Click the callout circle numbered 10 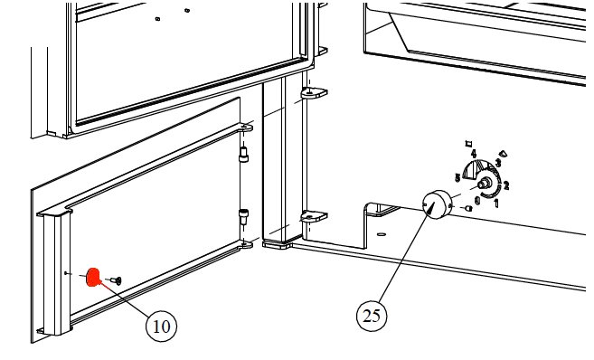click(162, 326)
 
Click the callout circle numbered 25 click(371, 316)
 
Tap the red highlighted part click(93, 277)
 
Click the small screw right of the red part click(116, 279)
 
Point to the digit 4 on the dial click(473, 155)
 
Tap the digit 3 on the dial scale click(497, 163)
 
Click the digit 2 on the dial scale click(506, 185)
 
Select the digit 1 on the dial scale click(495, 203)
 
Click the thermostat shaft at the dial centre click(486, 183)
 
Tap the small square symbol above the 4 click(467, 142)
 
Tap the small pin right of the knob click(468, 206)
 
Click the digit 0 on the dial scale click(476, 198)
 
